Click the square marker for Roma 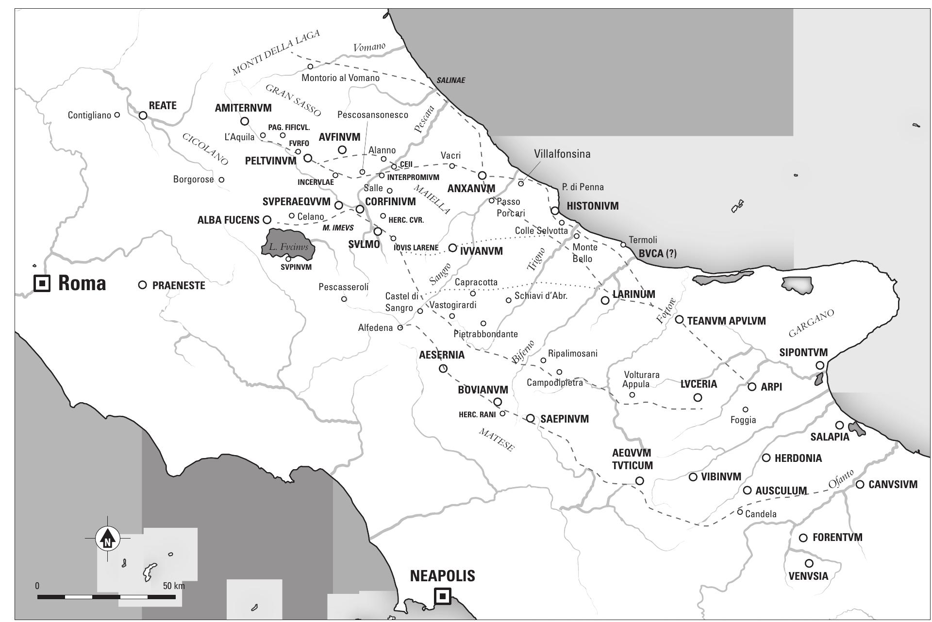coord(42,283)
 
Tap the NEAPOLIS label coord(442,576)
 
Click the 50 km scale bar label coord(174,586)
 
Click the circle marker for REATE coord(143,115)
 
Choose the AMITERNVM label coord(243,108)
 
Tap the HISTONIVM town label coord(593,206)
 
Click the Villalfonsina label coord(562,154)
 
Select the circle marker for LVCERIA coord(698,397)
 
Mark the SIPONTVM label coord(803,352)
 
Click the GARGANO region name coord(811,323)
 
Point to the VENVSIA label coord(808,576)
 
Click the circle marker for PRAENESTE coord(142,285)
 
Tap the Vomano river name coord(369,47)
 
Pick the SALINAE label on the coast coord(450,81)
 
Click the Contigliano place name coord(89,115)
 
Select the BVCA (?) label coord(657,253)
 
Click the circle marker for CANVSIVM coord(860,484)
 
